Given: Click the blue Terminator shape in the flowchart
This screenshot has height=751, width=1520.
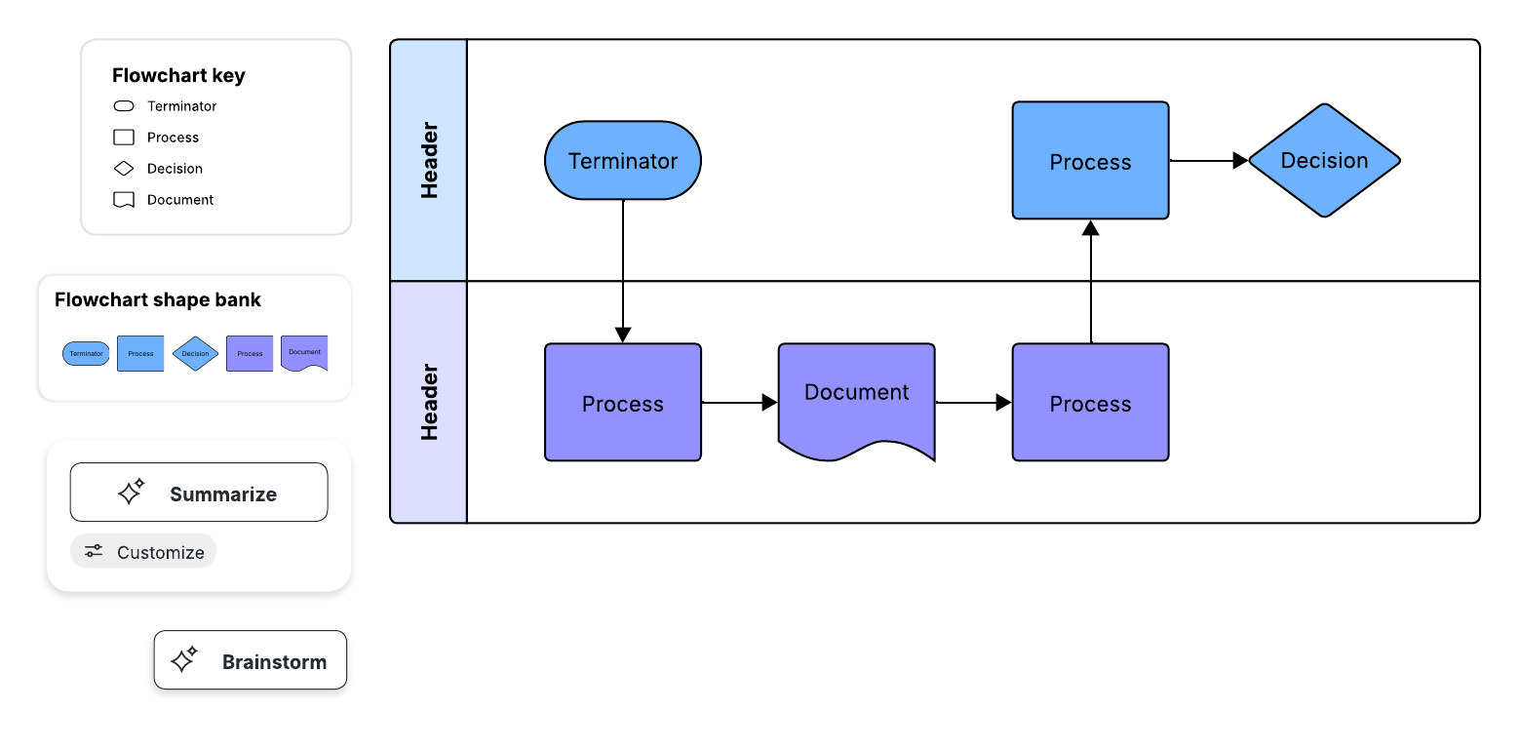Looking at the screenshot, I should [x=622, y=161].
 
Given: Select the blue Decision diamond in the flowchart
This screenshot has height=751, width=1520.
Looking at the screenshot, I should [x=1323, y=161].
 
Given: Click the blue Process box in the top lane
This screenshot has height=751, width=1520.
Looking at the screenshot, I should [x=1090, y=161].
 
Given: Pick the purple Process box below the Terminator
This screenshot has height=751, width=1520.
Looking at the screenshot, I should [x=622, y=402].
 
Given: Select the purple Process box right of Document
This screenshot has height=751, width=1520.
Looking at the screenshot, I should [x=1090, y=402].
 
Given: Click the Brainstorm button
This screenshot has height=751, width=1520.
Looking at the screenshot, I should [x=251, y=660].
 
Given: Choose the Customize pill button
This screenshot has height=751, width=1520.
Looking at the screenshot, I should [x=143, y=551].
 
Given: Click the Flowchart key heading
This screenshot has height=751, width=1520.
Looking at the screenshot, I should [x=178, y=76].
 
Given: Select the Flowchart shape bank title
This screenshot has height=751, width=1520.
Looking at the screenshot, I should [x=158, y=300].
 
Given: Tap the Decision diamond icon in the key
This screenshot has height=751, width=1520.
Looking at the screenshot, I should [x=124, y=169].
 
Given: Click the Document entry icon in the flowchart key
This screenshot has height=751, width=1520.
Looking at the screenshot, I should [x=124, y=200].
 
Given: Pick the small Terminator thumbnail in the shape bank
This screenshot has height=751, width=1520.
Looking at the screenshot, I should [x=86, y=353].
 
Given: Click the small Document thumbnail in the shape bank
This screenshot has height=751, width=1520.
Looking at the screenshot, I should [x=304, y=353].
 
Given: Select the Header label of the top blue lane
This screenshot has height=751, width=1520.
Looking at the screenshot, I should [x=429, y=161].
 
